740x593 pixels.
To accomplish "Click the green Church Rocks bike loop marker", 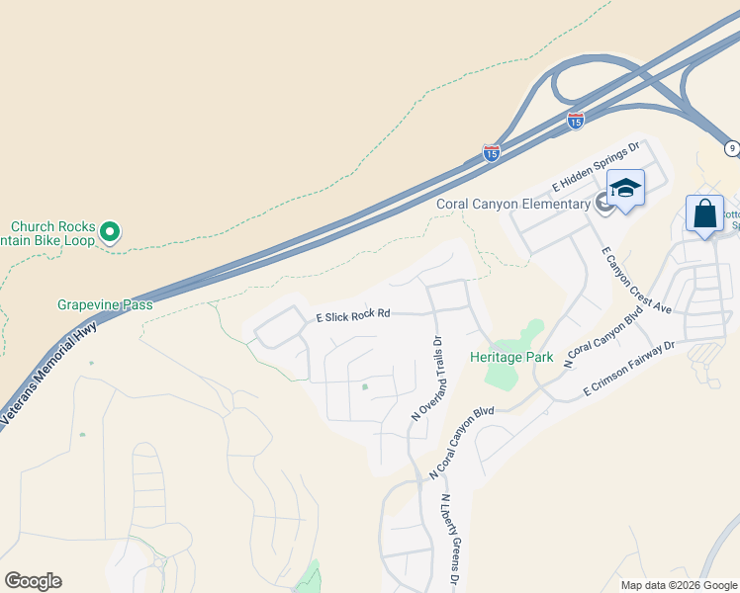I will [x=111, y=232].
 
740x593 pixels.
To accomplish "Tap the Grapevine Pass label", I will [x=104, y=304].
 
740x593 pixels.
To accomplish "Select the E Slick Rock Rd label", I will [x=353, y=315].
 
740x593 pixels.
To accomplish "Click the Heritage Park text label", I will [x=511, y=357].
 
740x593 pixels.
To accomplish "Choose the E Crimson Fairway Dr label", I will [x=629, y=370].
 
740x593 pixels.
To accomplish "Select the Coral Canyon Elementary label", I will [x=512, y=205].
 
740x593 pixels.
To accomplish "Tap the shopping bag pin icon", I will [x=704, y=214].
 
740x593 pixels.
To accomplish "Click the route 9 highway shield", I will [x=731, y=148].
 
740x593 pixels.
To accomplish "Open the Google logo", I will [x=33, y=580].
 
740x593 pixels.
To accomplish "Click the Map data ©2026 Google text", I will [x=680, y=585].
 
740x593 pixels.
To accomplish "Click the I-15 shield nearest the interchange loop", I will [x=576, y=120].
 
